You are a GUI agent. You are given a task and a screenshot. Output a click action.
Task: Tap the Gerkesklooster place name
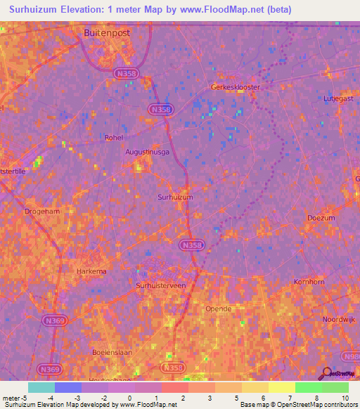236,87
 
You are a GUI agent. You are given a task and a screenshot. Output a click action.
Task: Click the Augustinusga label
148,151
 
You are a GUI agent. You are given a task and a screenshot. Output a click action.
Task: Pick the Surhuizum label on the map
175,197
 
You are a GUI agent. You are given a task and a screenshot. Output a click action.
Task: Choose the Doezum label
321,218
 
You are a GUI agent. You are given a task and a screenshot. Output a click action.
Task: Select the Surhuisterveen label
161,285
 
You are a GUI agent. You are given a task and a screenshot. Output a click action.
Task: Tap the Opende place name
218,309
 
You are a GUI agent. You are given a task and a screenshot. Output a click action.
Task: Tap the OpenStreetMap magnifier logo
326,374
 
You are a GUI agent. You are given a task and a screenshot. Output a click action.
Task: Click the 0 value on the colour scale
129,398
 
